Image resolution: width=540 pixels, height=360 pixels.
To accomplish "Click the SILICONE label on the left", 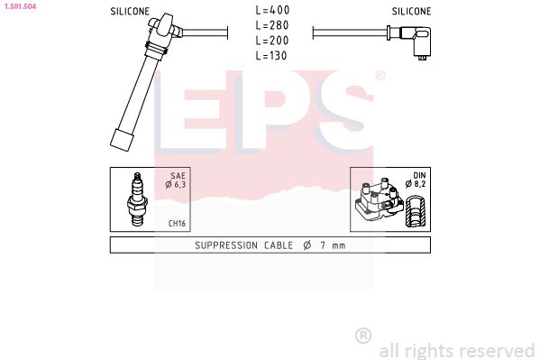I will (x=130, y=12).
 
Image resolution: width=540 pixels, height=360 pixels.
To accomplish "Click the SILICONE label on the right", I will (x=411, y=12).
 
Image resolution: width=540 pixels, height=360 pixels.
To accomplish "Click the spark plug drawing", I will (x=138, y=199).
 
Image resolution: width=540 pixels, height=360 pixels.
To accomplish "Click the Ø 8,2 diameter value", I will (x=415, y=184).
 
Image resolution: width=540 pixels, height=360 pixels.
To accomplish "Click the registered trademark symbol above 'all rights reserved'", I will (x=363, y=336).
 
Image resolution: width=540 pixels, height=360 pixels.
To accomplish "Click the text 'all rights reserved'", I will (x=456, y=350).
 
